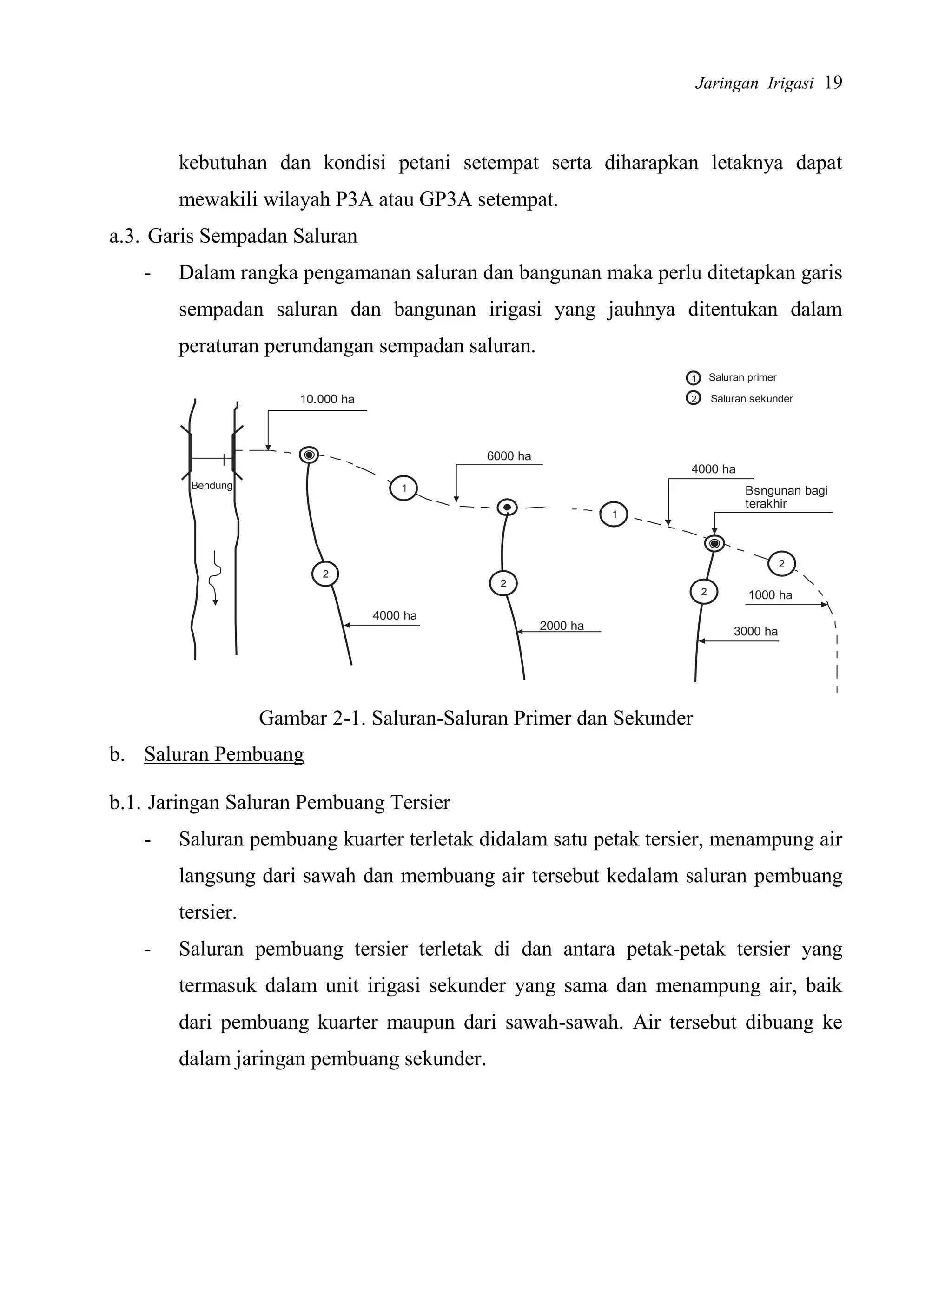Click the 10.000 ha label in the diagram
(327, 399)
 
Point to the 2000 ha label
(561, 625)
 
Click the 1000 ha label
(770, 594)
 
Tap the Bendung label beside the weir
(212, 485)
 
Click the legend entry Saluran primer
(742, 377)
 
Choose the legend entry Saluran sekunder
(751, 398)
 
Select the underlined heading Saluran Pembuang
(224, 754)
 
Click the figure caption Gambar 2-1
(476, 718)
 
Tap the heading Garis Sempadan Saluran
(252, 236)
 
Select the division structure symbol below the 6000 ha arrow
(507, 508)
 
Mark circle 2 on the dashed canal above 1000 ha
(781, 563)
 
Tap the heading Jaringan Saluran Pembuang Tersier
(298, 802)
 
